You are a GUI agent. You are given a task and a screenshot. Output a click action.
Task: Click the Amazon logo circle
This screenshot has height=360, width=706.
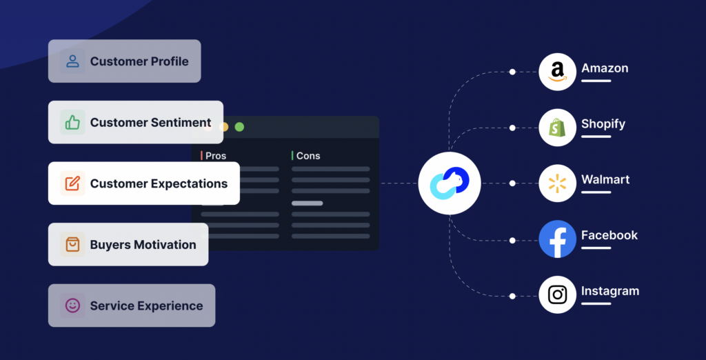pos(557,72)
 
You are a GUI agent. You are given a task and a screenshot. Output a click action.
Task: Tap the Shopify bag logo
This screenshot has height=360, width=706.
pos(557,128)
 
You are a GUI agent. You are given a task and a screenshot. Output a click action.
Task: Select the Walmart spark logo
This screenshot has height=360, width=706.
pos(557,183)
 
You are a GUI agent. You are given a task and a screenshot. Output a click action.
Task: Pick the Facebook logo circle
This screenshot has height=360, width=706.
pos(557,239)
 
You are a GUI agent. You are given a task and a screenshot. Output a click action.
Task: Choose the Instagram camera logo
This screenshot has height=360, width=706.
pos(557,294)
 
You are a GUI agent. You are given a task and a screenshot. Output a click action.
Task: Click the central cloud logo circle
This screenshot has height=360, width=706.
pos(450,183)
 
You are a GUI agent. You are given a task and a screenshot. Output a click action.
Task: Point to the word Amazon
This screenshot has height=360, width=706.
pos(605,68)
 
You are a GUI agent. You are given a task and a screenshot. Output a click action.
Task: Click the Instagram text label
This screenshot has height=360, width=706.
pos(610,291)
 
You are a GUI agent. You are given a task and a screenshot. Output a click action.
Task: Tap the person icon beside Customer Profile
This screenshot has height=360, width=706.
pos(72,61)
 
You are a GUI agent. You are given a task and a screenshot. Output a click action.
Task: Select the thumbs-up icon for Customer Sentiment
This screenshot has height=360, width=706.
pos(72,122)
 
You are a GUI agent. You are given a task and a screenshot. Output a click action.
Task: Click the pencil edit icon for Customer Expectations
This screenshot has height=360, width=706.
pos(72,183)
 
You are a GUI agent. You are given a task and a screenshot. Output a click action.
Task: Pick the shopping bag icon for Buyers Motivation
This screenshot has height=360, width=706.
pos(72,245)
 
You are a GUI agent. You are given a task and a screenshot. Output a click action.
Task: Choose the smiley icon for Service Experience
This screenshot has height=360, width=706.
pos(72,306)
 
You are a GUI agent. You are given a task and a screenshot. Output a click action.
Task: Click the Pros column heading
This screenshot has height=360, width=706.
pos(216,156)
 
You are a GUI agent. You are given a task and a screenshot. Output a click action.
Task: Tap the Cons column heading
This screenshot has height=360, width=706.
pos(308,156)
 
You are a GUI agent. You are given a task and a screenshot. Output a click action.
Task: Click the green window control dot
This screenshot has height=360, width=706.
pos(239,127)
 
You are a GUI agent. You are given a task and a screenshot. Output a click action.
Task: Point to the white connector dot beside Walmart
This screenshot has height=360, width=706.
pos(512,183)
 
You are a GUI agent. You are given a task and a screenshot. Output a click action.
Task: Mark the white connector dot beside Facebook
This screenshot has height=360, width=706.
pos(512,241)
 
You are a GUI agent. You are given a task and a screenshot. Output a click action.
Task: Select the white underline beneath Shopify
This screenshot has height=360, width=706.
pos(596,137)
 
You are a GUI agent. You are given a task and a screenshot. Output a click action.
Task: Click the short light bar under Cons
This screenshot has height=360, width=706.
pos(307,203)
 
